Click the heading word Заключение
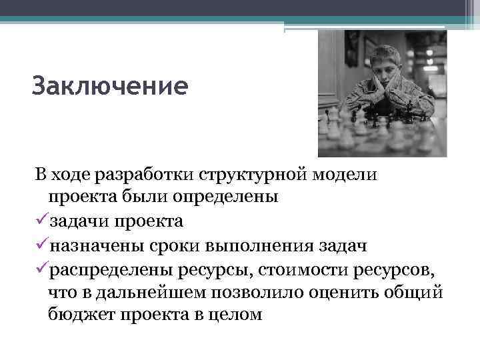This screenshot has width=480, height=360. click(x=110, y=86)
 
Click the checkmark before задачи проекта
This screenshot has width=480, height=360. click(x=41, y=221)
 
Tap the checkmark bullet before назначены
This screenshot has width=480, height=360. click(x=41, y=245)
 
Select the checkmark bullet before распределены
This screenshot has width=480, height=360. click(x=41, y=268)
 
